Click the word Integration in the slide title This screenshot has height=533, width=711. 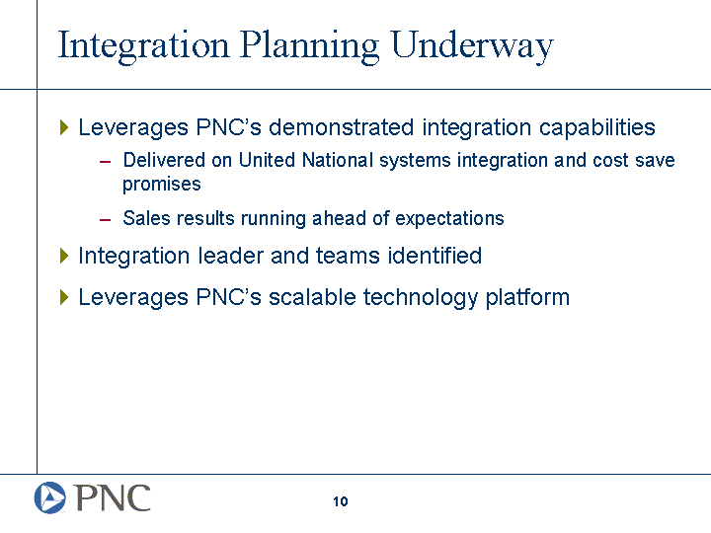click(144, 46)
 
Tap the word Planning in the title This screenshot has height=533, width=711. click(310, 46)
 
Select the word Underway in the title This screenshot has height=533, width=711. click(472, 46)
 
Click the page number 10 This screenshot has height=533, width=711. click(340, 501)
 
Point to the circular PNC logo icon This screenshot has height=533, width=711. click(50, 497)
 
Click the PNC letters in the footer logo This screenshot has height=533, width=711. click(113, 497)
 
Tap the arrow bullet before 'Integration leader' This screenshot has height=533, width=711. click(64, 256)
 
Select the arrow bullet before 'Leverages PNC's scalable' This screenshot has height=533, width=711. click(64, 297)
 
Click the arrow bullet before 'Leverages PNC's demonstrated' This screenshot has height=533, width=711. click(64, 127)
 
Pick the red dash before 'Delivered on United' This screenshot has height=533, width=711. click(105, 162)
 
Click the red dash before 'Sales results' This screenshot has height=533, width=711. click(105, 220)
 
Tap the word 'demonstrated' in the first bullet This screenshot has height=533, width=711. click(341, 127)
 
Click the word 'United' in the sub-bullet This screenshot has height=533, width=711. click(267, 160)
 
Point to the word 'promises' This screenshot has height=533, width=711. click(161, 185)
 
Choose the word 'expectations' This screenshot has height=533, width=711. click(449, 219)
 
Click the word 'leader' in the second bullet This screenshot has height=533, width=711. click(230, 256)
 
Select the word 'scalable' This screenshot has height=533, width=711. click(312, 297)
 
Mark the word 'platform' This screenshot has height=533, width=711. click(527, 298)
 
